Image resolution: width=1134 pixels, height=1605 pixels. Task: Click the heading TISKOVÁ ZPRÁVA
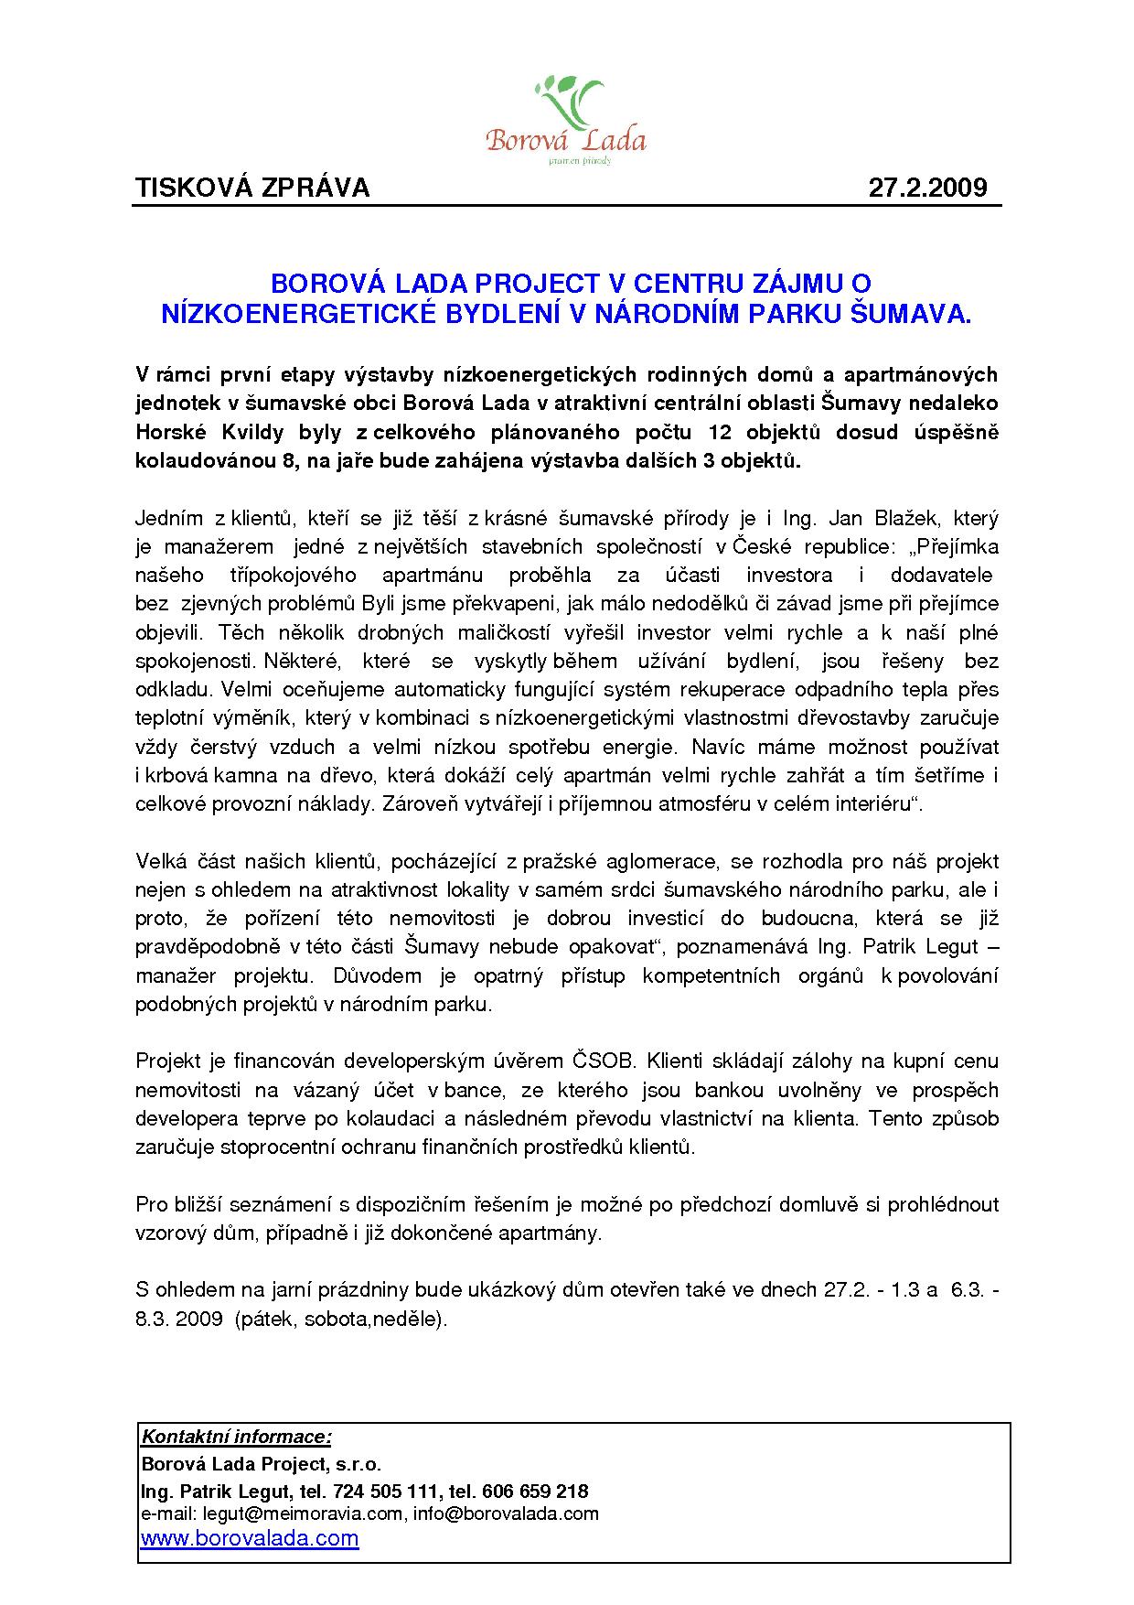click(x=252, y=188)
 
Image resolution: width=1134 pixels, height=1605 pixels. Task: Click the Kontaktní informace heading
click(x=236, y=1437)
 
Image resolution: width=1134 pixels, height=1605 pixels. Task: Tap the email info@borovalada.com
click(x=506, y=1513)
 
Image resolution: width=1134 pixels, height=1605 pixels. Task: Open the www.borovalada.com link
click(x=249, y=1538)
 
